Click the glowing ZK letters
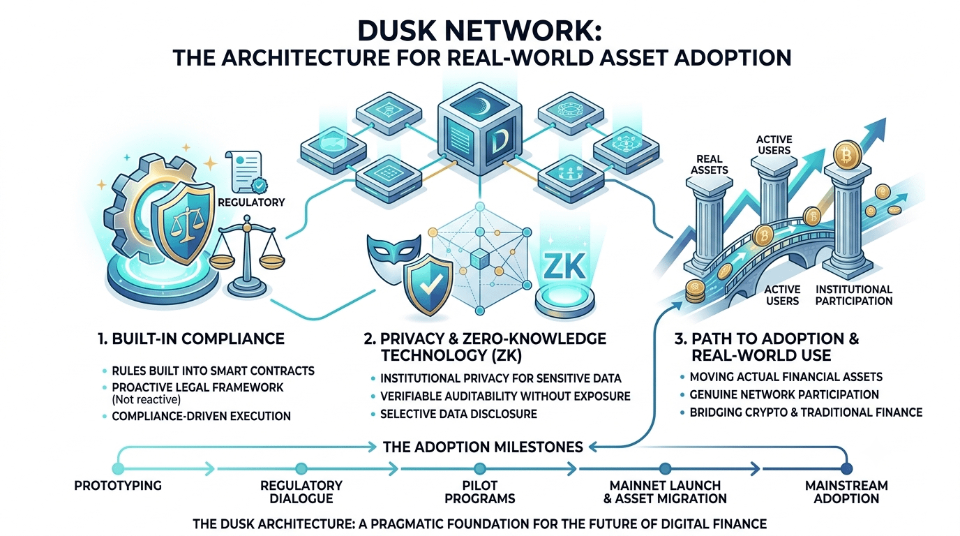point(564,267)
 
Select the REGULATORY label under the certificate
point(251,202)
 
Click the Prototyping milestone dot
point(118,468)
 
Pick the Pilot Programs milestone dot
point(480,468)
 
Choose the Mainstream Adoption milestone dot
point(846,468)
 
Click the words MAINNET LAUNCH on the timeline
point(665,486)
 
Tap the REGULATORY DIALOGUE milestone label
point(301,492)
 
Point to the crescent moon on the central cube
point(481,103)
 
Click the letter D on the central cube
point(498,142)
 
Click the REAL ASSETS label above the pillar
point(710,164)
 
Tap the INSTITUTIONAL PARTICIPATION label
point(854,295)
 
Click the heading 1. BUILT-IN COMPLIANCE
point(191,338)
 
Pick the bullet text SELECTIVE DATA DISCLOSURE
point(458,414)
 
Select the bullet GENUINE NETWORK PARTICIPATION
point(784,394)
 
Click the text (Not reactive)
point(146,400)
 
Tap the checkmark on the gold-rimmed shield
point(428,285)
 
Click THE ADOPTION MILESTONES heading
point(483,447)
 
